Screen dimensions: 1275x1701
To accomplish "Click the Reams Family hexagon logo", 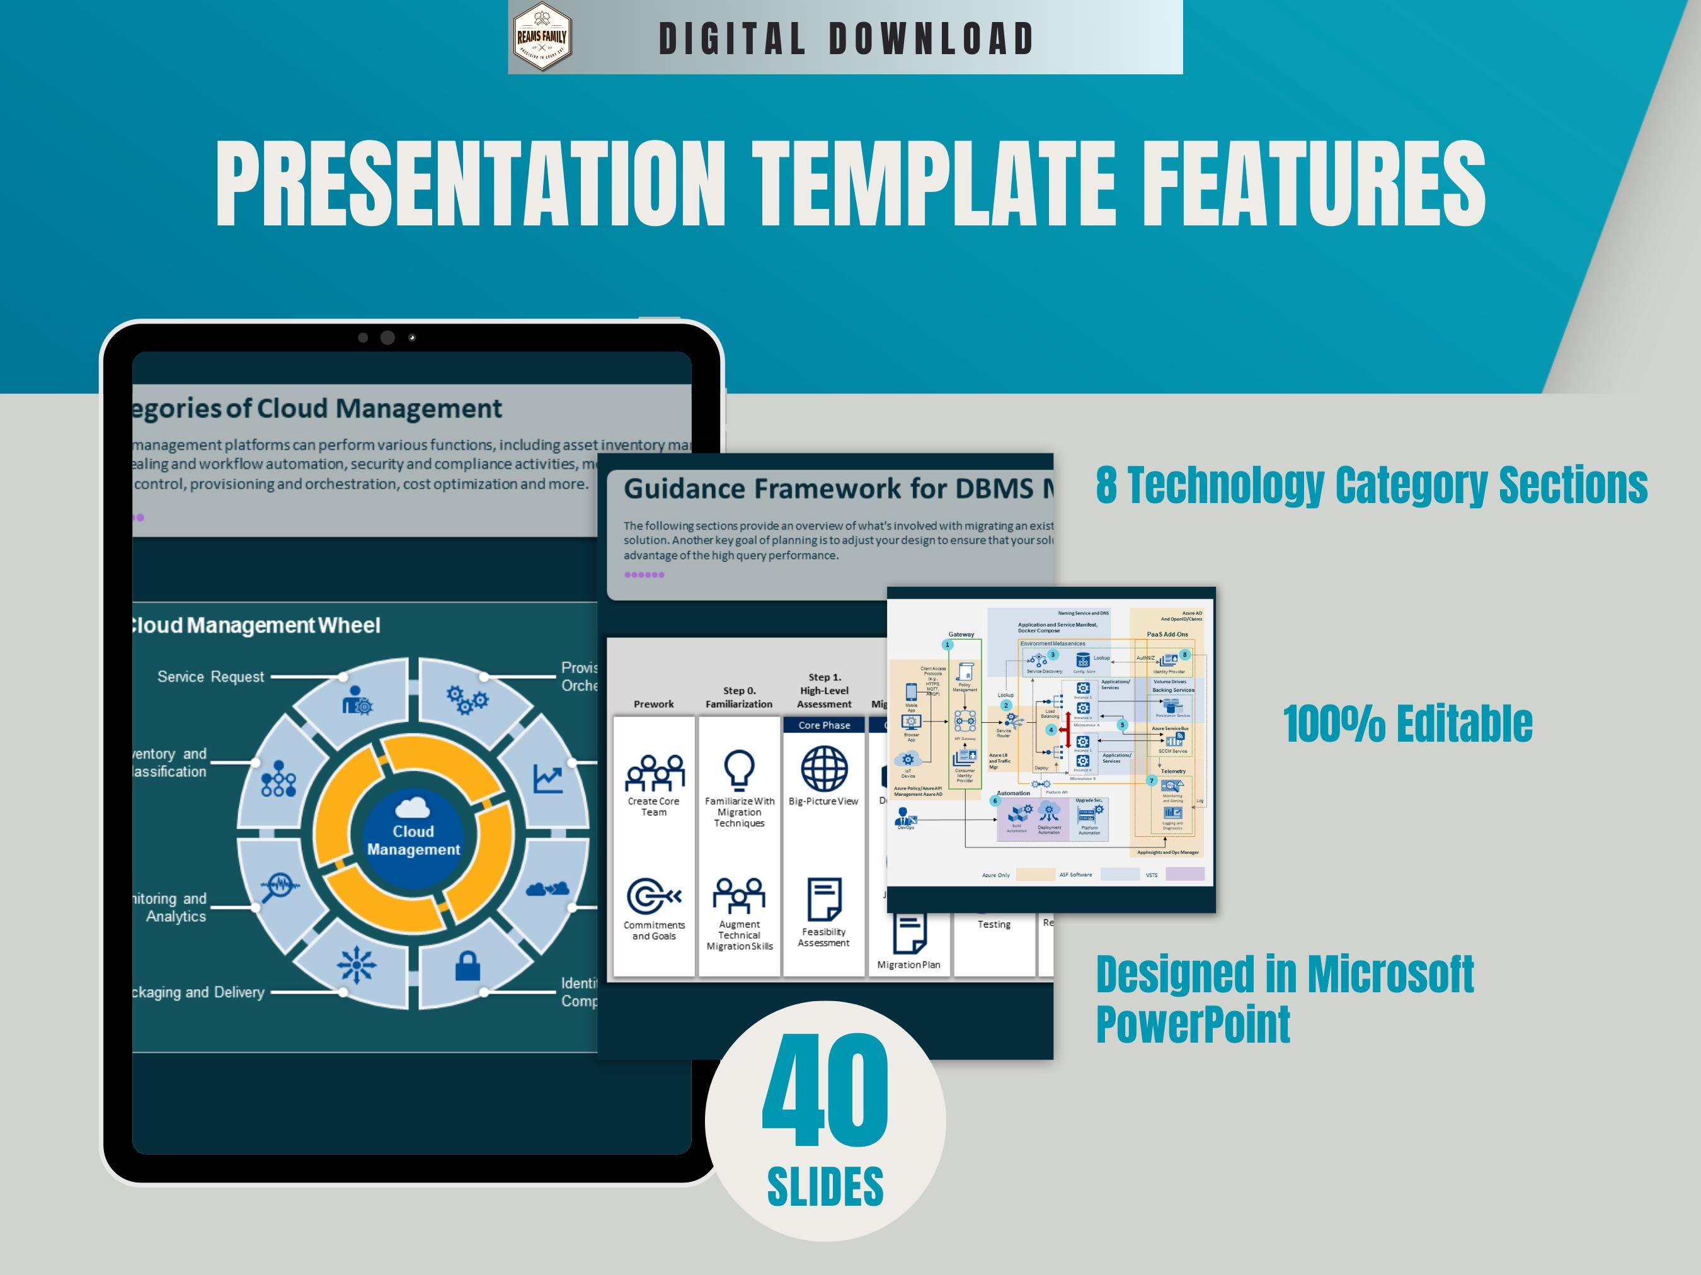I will point(542,37).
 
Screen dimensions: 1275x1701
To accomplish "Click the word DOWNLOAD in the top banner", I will point(931,39).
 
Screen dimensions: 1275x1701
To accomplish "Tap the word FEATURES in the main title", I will point(1314,184).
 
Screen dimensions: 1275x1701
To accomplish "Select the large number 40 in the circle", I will point(825,1090).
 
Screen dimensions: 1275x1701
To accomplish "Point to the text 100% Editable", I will point(1407,724).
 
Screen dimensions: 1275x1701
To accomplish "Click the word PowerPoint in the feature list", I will point(1193,1024).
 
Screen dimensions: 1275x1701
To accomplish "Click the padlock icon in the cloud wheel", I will point(467,966).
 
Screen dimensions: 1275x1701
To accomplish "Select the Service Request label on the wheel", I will point(210,676).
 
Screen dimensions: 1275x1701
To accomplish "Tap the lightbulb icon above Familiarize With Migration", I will point(739,769).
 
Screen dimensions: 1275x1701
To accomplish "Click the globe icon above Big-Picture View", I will point(823,769).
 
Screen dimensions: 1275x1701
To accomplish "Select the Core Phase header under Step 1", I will point(823,725).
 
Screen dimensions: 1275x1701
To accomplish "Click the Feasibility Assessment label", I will point(823,937).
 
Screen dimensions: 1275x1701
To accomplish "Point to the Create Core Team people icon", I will point(654,773).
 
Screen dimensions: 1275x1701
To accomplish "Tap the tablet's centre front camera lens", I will point(387,337).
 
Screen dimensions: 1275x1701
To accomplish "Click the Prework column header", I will point(654,704).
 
